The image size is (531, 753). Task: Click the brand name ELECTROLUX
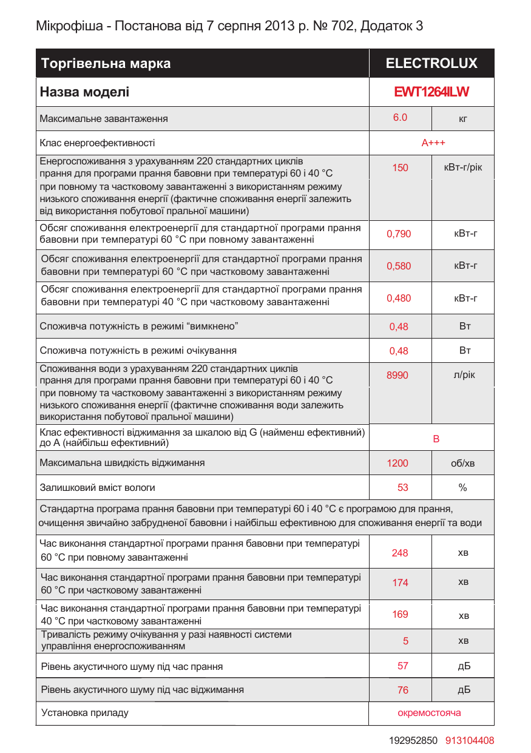tap(431, 63)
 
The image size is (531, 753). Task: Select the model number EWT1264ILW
tap(431, 92)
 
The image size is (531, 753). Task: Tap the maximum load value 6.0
tap(400, 118)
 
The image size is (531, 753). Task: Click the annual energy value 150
tap(400, 167)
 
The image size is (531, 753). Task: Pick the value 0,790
tap(399, 234)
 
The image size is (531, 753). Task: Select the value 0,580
tap(399, 266)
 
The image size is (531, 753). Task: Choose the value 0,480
tap(399, 298)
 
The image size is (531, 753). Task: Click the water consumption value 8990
tap(397, 376)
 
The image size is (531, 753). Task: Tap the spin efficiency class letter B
tap(436, 439)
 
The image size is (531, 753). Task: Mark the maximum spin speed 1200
tap(397, 464)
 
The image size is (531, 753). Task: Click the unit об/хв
tap(462, 464)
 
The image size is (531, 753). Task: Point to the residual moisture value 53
tap(403, 487)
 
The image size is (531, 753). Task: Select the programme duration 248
tap(400, 553)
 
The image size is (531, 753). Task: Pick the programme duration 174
tap(400, 582)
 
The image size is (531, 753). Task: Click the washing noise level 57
tap(403, 666)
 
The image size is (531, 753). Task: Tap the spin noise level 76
tap(403, 690)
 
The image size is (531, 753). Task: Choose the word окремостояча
tap(429, 712)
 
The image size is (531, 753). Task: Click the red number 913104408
tap(470, 740)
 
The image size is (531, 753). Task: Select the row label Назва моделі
tap(84, 92)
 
